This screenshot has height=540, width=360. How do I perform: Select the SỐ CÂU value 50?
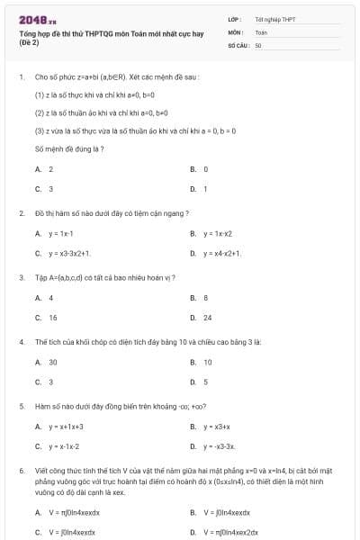pos(258,44)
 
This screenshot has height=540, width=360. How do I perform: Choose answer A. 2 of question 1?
pos(45,169)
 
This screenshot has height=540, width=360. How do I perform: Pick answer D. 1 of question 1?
pos(200,189)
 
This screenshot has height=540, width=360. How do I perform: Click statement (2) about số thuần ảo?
pos(106,112)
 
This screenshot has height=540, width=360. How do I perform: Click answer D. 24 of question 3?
pos(202,318)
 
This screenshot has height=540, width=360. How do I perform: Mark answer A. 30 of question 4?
pos(47,362)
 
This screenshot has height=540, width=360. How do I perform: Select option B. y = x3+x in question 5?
pos(211,427)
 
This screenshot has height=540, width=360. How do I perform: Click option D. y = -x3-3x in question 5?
pos(214,446)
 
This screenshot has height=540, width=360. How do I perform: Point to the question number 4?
pos(21,343)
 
